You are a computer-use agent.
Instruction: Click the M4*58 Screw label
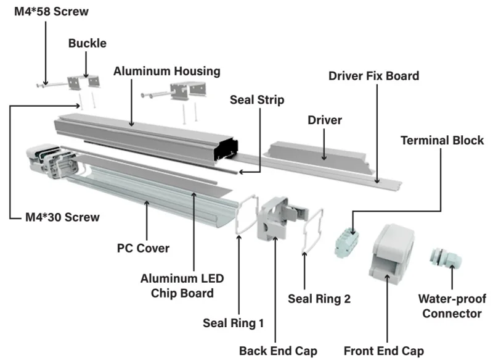[51, 12]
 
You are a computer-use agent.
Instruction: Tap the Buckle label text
[88, 43]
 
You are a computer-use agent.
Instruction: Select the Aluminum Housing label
[166, 71]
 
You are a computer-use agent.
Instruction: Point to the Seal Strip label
[257, 100]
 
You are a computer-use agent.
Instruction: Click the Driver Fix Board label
[374, 76]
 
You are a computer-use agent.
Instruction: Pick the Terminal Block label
[442, 141]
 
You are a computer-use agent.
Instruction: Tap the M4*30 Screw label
[62, 217]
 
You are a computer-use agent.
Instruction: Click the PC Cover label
[143, 248]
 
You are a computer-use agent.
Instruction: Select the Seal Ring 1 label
[233, 323]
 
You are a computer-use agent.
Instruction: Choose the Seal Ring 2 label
[319, 299]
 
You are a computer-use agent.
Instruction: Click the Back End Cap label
[279, 351]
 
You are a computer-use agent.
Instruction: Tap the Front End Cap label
[383, 351]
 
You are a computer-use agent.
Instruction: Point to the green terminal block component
[347, 243]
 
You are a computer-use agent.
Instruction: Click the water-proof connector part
[445, 257]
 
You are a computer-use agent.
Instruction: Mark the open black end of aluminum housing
[226, 149]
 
